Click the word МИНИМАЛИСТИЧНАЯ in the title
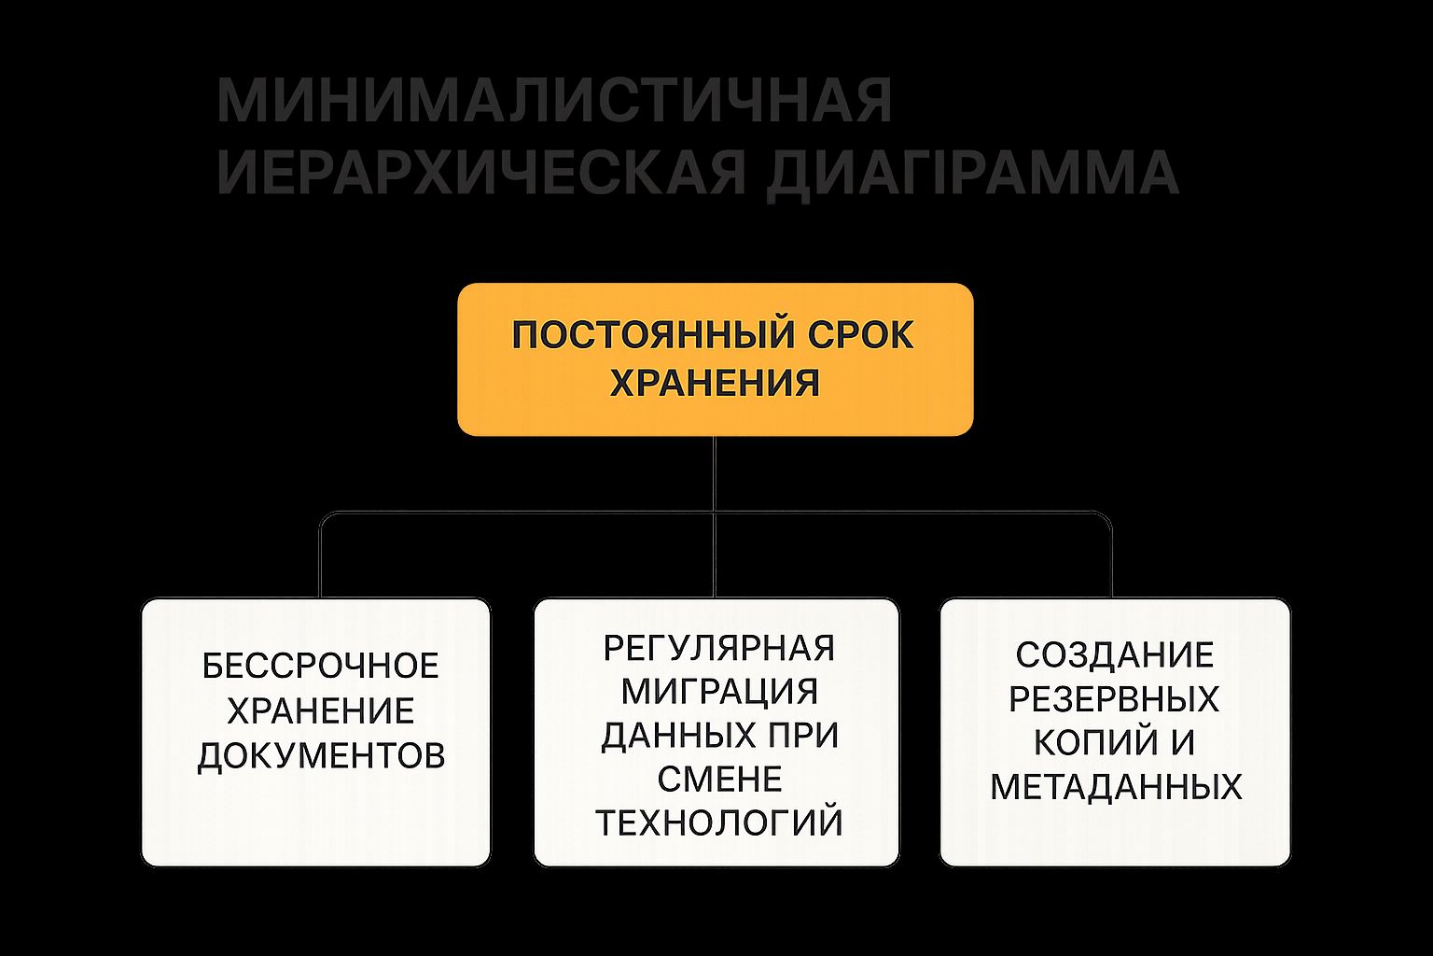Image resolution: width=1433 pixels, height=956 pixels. [x=555, y=100]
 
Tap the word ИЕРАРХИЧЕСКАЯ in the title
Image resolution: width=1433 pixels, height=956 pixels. [x=481, y=172]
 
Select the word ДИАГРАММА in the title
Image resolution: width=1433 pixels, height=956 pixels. [x=972, y=174]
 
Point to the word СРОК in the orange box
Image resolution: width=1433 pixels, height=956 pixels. [x=860, y=335]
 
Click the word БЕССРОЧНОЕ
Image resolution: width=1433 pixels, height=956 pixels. [x=321, y=666]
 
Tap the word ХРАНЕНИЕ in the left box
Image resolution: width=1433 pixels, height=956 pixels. [x=321, y=710]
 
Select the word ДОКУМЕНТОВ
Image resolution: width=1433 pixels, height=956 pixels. [x=321, y=756]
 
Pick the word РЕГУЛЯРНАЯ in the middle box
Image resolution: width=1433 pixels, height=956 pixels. [x=719, y=648]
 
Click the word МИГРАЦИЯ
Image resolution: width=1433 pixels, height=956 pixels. [x=719, y=692]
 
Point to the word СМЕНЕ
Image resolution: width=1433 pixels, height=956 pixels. [x=719, y=780]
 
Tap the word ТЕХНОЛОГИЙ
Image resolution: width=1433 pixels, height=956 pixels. [x=719, y=822]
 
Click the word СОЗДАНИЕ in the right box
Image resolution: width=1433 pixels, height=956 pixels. [x=1115, y=655]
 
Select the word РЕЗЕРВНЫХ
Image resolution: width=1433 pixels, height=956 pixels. [x=1115, y=698]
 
